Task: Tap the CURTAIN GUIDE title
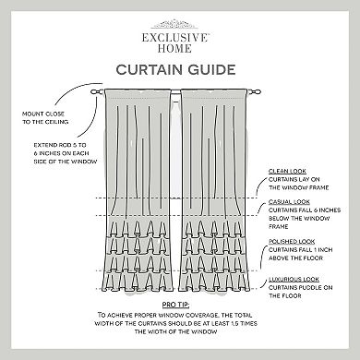(179, 68)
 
